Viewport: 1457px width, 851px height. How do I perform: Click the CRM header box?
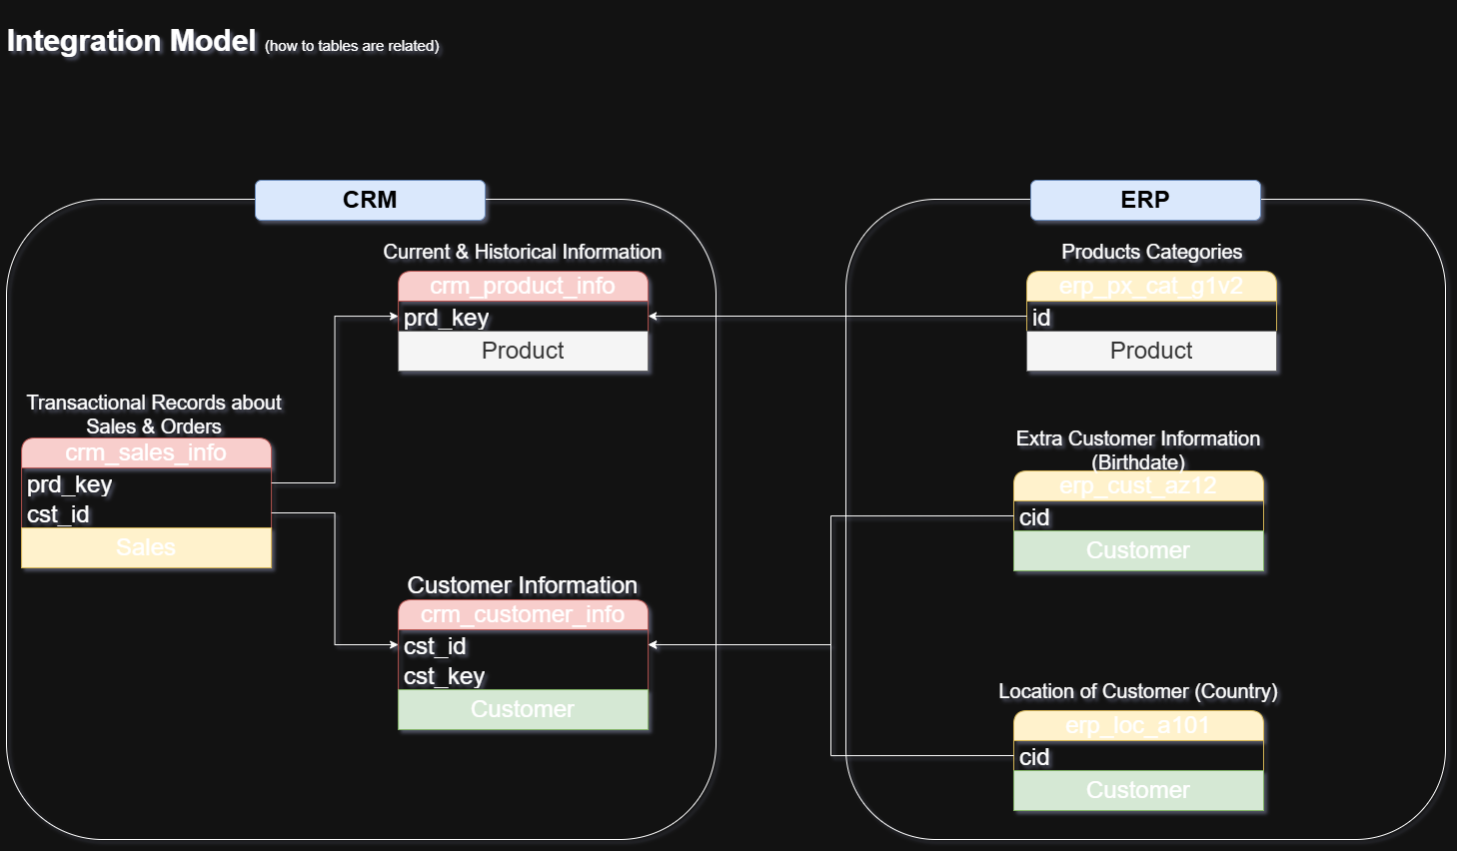(370, 200)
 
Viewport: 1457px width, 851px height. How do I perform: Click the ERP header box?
(1145, 200)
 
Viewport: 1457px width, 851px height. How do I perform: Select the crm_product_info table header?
(523, 287)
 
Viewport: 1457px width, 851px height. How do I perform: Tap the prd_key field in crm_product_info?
(447, 318)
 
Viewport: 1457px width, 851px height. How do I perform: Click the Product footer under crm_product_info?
(523, 351)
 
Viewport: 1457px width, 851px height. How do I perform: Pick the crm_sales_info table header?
(146, 453)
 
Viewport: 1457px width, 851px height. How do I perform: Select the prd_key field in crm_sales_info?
(70, 484)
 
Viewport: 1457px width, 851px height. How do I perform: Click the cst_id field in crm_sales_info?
(59, 514)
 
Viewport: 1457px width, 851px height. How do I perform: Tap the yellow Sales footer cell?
(146, 547)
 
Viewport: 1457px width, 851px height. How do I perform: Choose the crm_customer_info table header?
(523, 615)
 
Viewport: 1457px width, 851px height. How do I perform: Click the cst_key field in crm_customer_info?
(445, 676)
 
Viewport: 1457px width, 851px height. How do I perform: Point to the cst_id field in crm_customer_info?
(436, 646)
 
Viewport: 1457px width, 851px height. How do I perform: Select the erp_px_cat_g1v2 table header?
(1151, 287)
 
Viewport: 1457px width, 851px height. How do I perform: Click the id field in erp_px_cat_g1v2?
(1041, 318)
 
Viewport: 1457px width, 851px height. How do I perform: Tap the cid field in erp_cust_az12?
(1035, 517)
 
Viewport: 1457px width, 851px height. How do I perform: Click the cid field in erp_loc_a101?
(1035, 757)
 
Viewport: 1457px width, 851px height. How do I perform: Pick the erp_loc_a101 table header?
(1138, 726)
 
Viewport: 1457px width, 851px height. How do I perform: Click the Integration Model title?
(132, 41)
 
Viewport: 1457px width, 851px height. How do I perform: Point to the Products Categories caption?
(1151, 252)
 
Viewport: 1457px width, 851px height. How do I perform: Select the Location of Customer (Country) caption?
(1138, 691)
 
